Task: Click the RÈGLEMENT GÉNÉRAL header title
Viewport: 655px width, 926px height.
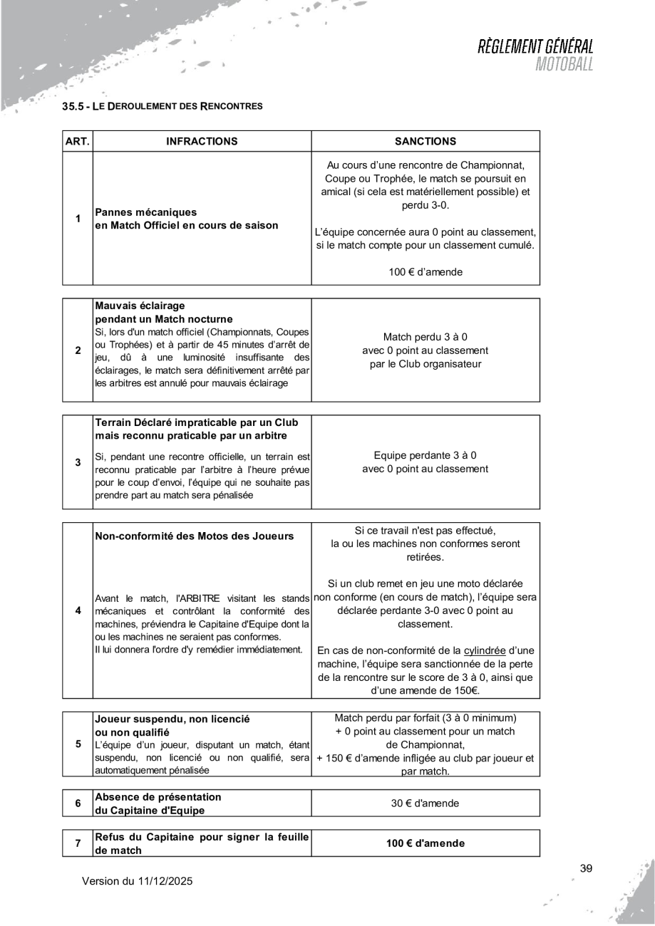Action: coord(535,48)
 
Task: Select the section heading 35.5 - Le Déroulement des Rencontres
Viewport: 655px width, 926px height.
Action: coord(163,107)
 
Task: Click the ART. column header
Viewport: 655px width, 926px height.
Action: coord(78,141)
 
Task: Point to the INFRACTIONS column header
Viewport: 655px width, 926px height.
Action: coord(202,141)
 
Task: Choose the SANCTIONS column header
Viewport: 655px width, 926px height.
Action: coord(425,141)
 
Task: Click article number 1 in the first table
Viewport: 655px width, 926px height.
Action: coord(78,218)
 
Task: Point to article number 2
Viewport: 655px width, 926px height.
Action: coord(78,350)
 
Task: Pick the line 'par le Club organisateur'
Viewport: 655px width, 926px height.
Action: coord(425,365)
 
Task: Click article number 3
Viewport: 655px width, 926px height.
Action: coord(78,462)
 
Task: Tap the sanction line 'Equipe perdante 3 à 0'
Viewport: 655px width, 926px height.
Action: coord(425,455)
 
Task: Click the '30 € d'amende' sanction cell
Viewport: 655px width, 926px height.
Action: coord(425,803)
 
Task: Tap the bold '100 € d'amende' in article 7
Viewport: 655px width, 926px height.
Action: coord(425,843)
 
